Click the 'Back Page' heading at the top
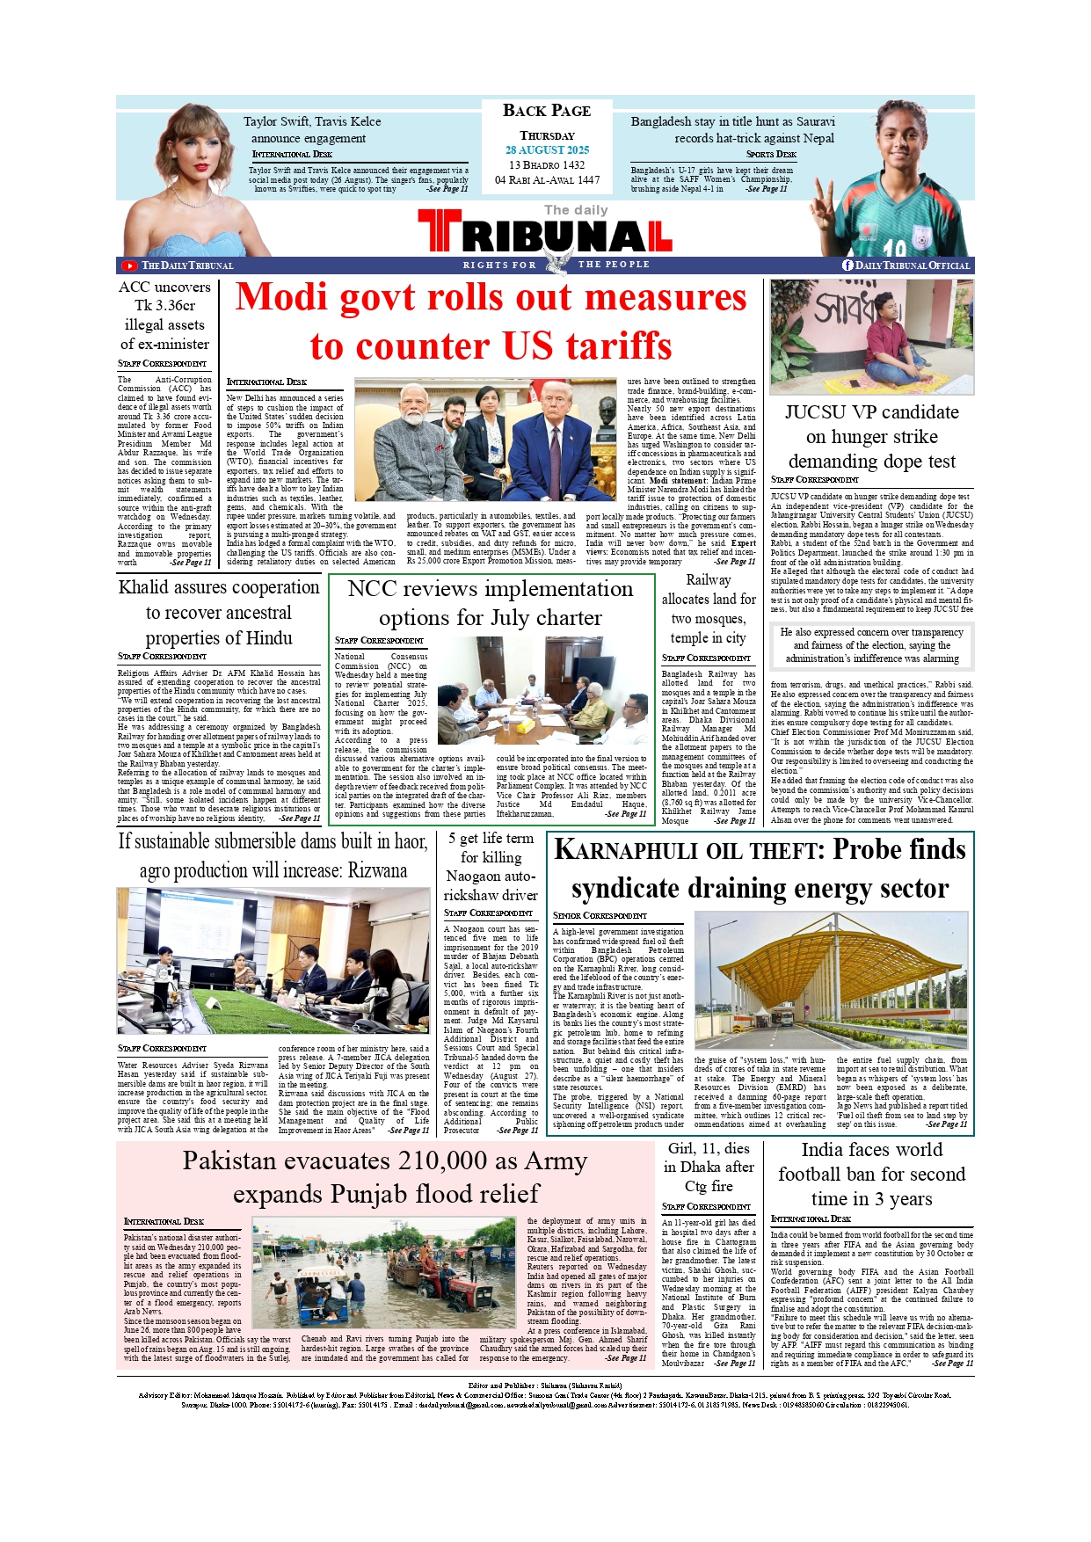tap(546, 111)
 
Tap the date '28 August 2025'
tap(547, 150)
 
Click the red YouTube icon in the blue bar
tap(129, 265)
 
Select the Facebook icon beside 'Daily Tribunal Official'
tap(847, 265)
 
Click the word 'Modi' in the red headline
tap(281, 298)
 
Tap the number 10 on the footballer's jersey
tap(894, 249)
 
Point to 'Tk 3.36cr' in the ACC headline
tap(164, 306)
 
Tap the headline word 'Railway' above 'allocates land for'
tap(708, 580)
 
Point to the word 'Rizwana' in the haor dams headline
tap(375, 871)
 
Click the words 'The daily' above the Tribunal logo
tap(576, 210)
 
